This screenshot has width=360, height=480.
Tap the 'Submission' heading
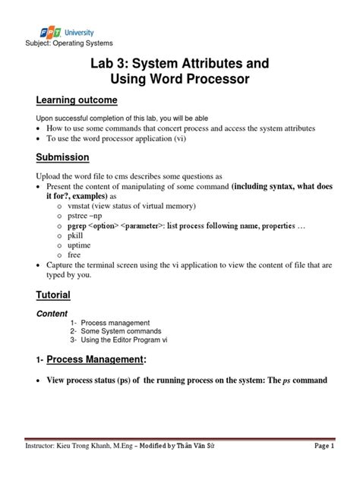pos(63,157)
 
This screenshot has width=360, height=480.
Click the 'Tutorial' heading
pos(53,294)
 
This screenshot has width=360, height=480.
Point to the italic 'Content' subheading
pos(52,313)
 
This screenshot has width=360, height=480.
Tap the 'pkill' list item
pos(76,236)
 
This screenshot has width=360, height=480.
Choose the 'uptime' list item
pos(80,247)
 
